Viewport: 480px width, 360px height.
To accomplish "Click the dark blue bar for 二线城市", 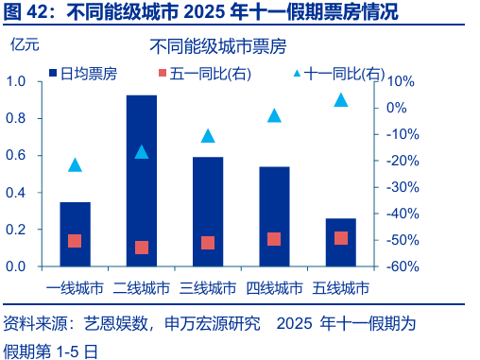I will pyautogui.click(x=142, y=180).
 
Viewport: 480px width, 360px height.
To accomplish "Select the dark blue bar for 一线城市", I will pyautogui.click(x=75, y=233).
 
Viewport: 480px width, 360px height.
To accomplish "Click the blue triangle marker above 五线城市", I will pyautogui.click(x=341, y=99).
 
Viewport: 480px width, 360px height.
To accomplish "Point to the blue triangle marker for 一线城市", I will pyautogui.click(x=75, y=164).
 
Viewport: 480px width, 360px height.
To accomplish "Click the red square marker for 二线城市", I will pyautogui.click(x=142, y=248).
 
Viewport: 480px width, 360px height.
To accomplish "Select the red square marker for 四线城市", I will pyautogui.click(x=274, y=239).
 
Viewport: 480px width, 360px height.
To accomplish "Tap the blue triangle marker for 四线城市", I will pyautogui.click(x=274, y=115).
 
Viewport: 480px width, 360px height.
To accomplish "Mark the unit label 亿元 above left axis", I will pyautogui.click(x=26, y=43).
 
